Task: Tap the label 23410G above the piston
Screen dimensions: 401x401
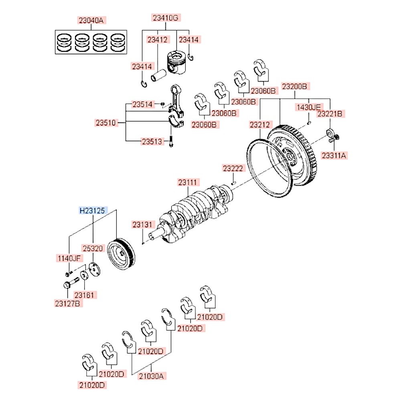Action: tap(165, 18)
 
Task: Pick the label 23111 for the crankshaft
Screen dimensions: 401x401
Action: tap(188, 182)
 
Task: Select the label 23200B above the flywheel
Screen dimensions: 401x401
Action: tap(294, 86)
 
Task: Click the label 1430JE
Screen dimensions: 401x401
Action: tap(308, 107)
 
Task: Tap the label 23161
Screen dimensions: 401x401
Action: tap(86, 295)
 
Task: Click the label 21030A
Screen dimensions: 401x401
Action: tap(152, 376)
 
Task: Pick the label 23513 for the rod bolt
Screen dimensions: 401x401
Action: tap(152, 141)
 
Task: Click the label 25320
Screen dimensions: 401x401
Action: tap(93, 249)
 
